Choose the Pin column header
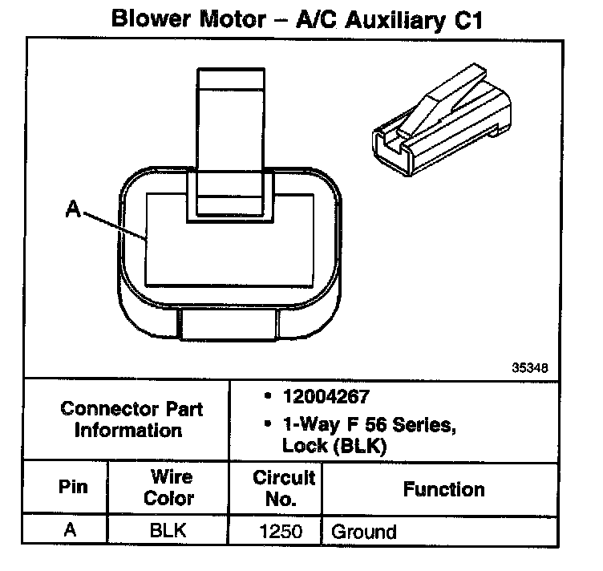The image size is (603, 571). click(73, 488)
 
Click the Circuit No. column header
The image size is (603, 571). click(283, 488)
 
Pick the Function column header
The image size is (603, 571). click(443, 488)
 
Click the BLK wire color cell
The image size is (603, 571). click(168, 530)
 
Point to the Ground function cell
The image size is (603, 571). click(364, 531)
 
